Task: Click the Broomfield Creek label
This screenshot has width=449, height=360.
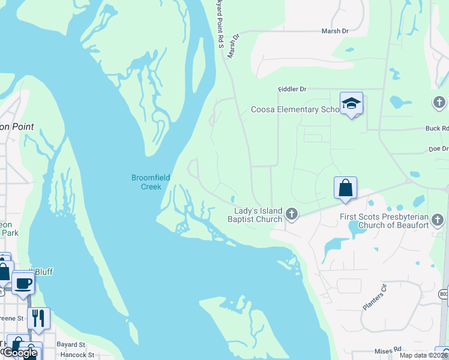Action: [147, 182]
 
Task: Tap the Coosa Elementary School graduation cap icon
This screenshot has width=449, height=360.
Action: [351, 103]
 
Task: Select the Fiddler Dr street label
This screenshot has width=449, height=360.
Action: [292, 89]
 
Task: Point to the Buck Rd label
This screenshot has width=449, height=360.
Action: [437, 128]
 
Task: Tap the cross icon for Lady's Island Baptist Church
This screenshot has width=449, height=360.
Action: [292, 214]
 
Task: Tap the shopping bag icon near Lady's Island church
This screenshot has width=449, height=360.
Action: [346, 188]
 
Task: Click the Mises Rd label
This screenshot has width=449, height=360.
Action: [387, 350]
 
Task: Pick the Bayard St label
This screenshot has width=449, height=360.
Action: [71, 345]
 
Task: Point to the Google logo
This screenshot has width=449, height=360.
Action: [19, 353]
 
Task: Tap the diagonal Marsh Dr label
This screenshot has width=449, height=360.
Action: [233, 46]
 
